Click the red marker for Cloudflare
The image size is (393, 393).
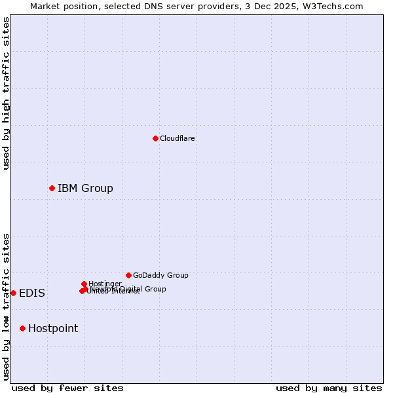pos(155,138)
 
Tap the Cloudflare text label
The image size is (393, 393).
pos(178,138)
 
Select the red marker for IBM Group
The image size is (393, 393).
pos(52,188)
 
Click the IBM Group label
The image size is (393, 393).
pos(85,189)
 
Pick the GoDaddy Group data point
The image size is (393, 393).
pos(128,275)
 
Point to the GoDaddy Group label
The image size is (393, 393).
pos(160,275)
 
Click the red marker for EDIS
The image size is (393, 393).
pos(13,293)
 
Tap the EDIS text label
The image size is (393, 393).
pos(32,293)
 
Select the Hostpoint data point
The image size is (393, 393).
pos(22,328)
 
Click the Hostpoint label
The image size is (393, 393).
pos(53,329)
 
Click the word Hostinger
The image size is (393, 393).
pos(105,284)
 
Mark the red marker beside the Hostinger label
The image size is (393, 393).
pos(84,284)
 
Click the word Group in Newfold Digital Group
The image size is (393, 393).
pos(155,289)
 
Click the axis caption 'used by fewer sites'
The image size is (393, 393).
pos(67,388)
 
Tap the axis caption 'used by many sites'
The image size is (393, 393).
pos(329,388)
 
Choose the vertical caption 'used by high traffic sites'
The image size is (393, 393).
pos(6,93)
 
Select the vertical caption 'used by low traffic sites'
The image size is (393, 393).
pos(6,306)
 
